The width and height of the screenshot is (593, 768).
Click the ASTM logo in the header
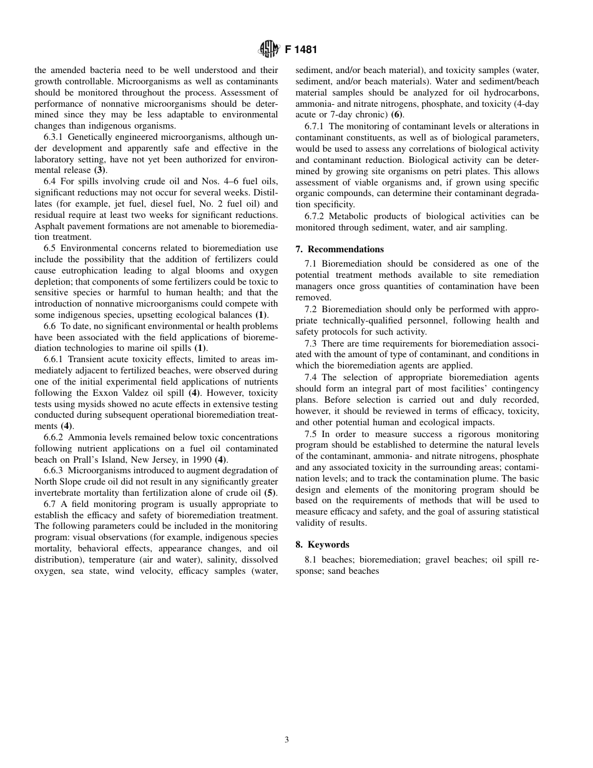[269, 49]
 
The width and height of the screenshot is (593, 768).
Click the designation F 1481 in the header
[301, 50]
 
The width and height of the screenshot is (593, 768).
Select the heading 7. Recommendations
[340, 249]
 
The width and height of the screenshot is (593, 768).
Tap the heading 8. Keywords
[322, 544]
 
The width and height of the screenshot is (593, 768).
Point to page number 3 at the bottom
[287, 740]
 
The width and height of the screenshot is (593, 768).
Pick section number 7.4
[311, 378]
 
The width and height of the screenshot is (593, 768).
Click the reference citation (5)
[270, 493]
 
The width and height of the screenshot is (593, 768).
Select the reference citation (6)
[397, 115]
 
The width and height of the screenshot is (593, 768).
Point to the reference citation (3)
[100, 170]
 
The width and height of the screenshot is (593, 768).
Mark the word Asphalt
[49, 226]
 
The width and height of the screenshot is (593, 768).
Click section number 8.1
[311, 559]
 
